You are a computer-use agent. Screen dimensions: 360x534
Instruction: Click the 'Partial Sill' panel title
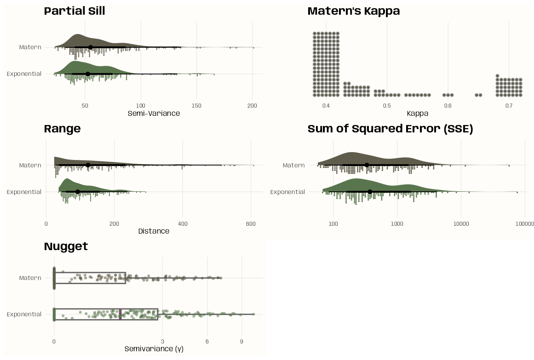75,11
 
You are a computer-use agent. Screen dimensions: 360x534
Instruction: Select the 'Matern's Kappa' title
353,11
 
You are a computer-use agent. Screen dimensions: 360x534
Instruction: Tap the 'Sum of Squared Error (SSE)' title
390,129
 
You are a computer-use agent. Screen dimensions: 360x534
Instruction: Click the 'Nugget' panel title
66,246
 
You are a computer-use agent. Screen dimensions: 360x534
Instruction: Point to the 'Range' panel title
62,129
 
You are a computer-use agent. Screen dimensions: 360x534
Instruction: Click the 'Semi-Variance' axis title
154,113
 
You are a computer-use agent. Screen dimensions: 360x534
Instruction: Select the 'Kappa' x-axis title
418,113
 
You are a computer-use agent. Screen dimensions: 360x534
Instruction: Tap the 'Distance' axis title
154,231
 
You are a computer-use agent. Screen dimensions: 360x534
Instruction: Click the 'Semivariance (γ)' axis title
154,349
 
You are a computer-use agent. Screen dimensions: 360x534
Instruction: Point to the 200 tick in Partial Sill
252,106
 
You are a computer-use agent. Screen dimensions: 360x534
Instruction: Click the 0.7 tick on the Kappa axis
509,106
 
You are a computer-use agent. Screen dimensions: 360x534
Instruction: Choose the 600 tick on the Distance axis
251,223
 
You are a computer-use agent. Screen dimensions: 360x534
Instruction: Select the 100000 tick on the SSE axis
524,224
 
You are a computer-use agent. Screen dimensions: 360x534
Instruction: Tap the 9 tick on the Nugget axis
241,341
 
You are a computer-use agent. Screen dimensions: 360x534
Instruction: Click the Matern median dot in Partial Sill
91,47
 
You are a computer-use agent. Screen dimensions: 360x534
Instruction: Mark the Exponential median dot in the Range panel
78,192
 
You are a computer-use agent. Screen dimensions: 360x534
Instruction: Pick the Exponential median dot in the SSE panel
370,192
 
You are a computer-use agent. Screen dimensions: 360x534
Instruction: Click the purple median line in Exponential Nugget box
120,314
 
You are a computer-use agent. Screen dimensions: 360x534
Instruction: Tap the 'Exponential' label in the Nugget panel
24,314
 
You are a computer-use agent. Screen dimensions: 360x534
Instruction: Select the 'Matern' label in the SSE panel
293,166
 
